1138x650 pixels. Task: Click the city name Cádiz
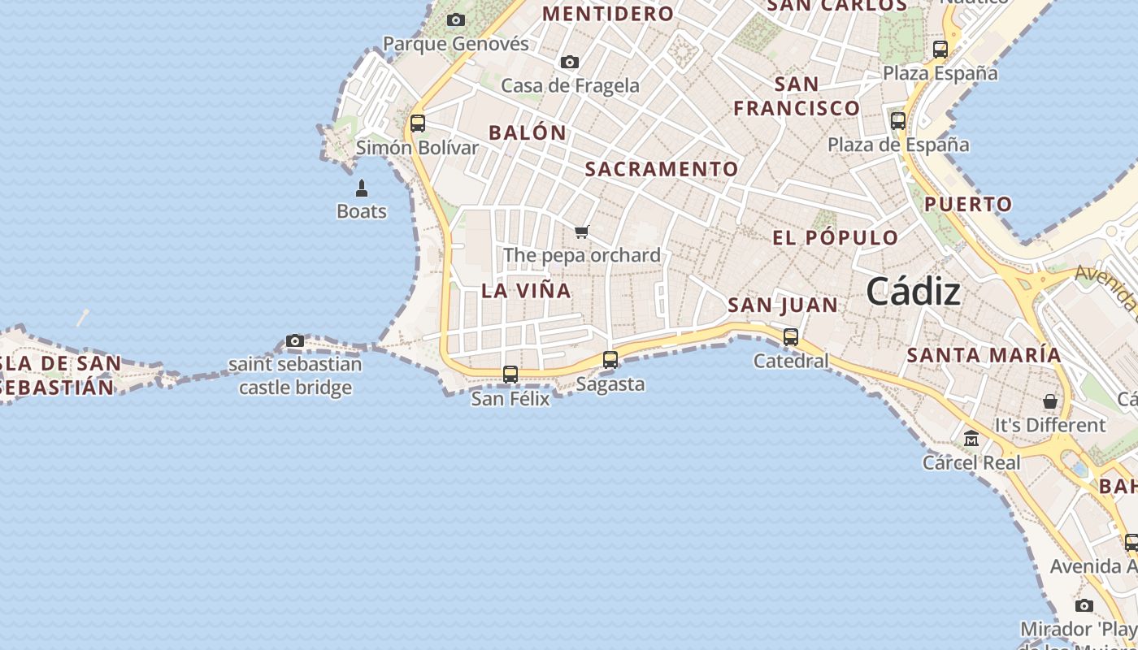point(913,291)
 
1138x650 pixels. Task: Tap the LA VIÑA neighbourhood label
point(526,290)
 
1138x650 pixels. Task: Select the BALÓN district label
point(528,132)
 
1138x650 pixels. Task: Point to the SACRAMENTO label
point(662,169)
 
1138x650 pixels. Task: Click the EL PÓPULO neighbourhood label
point(835,238)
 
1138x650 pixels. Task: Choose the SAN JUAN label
point(782,305)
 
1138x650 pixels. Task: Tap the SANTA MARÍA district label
point(984,355)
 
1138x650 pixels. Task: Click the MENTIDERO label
point(608,14)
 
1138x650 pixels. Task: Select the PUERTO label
point(968,204)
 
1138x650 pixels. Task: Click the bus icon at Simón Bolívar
point(418,123)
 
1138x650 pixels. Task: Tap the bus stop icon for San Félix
point(510,375)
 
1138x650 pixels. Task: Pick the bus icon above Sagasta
point(610,360)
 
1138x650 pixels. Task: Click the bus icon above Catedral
point(791,337)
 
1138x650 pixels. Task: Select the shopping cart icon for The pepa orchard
point(582,232)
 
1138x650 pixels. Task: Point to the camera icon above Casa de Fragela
point(570,63)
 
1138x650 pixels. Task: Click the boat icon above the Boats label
point(362,188)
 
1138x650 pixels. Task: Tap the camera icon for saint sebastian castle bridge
point(295,341)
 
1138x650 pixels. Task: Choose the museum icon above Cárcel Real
point(971,439)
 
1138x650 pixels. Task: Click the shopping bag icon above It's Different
point(1050,401)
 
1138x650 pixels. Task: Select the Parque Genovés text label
point(455,44)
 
